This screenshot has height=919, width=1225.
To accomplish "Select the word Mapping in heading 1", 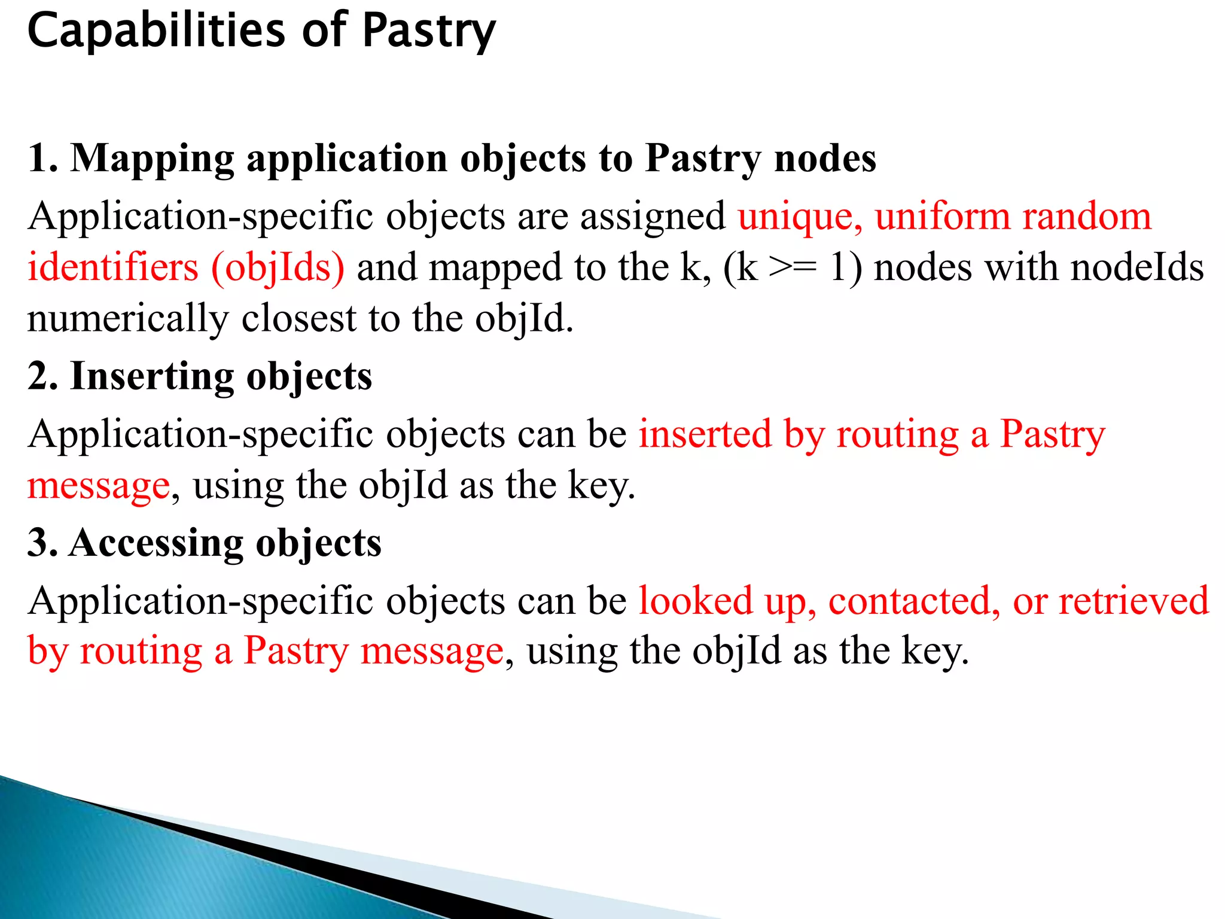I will tap(152, 159).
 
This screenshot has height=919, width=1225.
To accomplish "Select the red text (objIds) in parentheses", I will tap(278, 267).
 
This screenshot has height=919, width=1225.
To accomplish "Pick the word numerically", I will tap(128, 318).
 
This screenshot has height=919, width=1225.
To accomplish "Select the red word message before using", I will tap(99, 485).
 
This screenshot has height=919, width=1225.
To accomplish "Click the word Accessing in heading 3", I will tap(156, 543).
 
